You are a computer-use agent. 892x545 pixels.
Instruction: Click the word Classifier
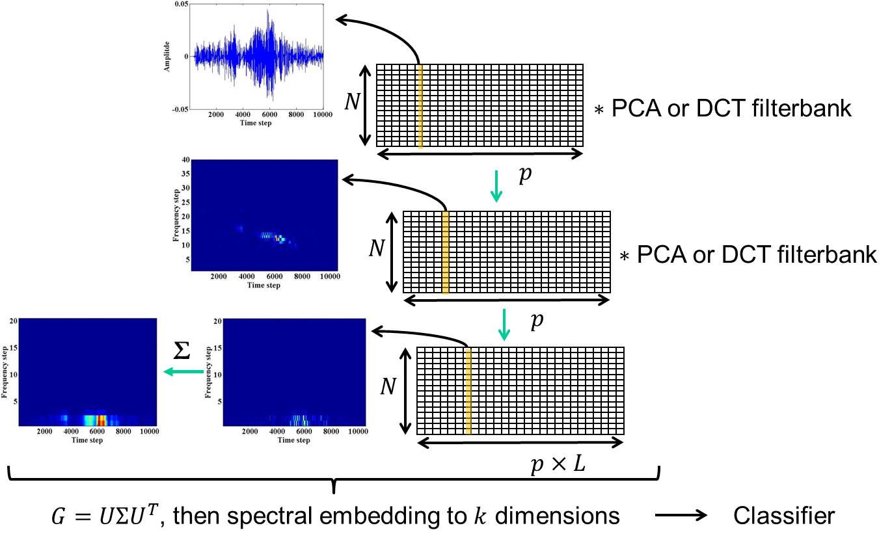(783, 516)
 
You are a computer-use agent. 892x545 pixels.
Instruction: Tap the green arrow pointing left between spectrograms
(183, 372)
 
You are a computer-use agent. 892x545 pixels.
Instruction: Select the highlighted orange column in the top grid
(420, 107)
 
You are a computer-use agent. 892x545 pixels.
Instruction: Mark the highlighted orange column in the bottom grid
(468, 390)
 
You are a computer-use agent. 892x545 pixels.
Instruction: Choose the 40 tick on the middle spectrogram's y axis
(168, 161)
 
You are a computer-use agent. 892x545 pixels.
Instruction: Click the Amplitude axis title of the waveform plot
(167, 56)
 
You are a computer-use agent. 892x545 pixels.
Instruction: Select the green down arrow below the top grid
(496, 185)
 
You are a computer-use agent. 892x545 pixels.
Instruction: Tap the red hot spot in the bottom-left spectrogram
(100, 420)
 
